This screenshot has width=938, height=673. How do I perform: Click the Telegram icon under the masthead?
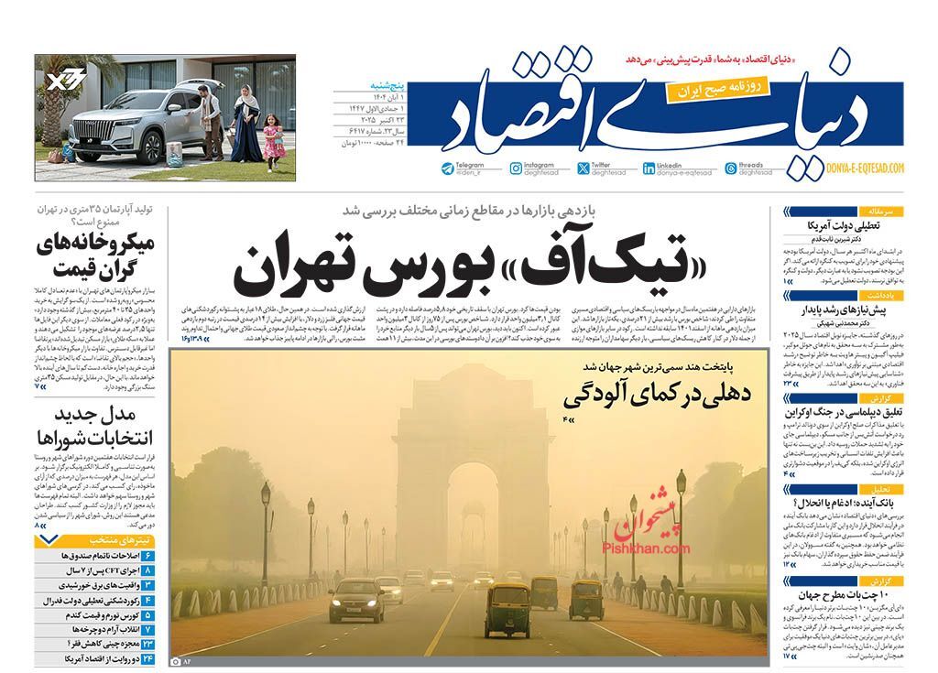click(x=446, y=168)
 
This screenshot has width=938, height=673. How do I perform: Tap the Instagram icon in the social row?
click(x=517, y=168)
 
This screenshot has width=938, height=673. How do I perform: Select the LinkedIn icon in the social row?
click(x=675, y=168)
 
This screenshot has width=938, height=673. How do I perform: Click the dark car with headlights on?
click(x=356, y=600)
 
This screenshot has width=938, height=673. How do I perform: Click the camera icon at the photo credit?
click(x=176, y=660)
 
